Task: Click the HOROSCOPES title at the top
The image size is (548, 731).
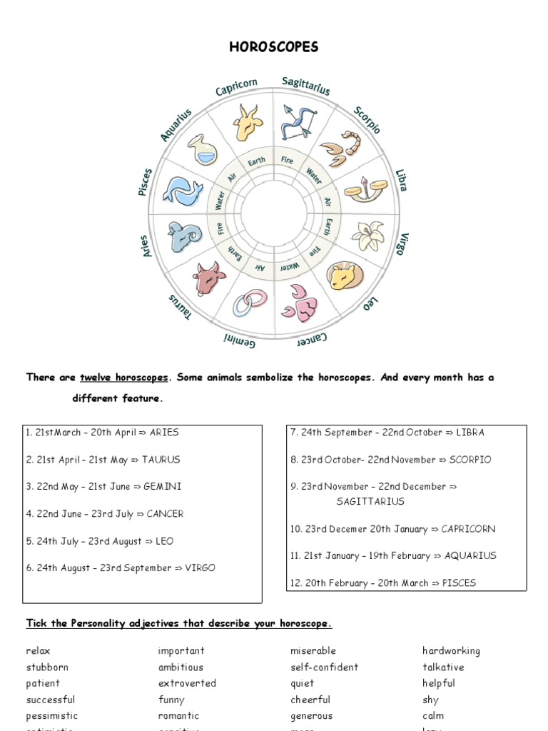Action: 274,48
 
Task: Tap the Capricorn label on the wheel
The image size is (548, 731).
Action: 236,87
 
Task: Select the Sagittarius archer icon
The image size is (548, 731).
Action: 298,121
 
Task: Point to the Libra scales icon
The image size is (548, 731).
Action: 365,190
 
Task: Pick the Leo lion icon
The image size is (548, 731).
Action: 344,276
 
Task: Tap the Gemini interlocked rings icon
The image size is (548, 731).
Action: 250,303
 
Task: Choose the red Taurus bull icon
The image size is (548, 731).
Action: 209,277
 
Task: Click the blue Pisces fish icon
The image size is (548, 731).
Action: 183,191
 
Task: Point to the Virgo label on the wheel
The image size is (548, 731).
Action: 403,243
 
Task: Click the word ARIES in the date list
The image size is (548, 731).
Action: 164,433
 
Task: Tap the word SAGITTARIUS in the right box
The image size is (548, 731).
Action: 370,501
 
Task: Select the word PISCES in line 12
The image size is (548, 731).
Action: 459,583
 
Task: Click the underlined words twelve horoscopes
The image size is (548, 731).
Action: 124,378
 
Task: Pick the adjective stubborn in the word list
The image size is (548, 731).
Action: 47,667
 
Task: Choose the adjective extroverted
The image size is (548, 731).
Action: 187,683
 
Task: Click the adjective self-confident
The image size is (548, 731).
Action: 324,667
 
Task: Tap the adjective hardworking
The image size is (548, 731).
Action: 451,651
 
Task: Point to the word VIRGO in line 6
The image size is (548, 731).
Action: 200,568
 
